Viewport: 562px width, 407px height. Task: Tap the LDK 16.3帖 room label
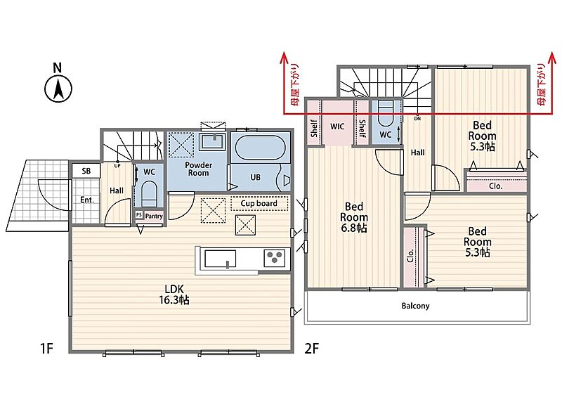pos(174,294)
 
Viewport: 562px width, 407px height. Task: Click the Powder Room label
pos(199,169)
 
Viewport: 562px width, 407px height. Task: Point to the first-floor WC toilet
pos(150,193)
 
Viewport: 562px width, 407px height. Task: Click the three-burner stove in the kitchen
pos(275,258)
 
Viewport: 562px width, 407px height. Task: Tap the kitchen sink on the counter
pos(220,259)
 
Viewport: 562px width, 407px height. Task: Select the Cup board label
pos(259,203)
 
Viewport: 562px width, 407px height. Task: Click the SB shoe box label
pos(86,171)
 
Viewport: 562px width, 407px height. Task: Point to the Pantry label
pos(154,216)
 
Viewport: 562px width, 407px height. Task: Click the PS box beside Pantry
pos(139,215)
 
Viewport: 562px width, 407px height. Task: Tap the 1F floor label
pos(46,348)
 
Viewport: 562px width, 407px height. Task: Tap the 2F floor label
pos(311,348)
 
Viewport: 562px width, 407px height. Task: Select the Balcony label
pos(415,306)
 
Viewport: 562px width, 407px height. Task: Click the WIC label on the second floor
pos(337,127)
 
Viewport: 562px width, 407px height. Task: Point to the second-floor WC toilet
pos(386,113)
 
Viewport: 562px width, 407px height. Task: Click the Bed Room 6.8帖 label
pos(354,217)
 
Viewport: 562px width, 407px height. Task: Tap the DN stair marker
pos(417,118)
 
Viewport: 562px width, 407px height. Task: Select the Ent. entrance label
pos(86,200)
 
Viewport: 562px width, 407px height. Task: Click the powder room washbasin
pos(213,141)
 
